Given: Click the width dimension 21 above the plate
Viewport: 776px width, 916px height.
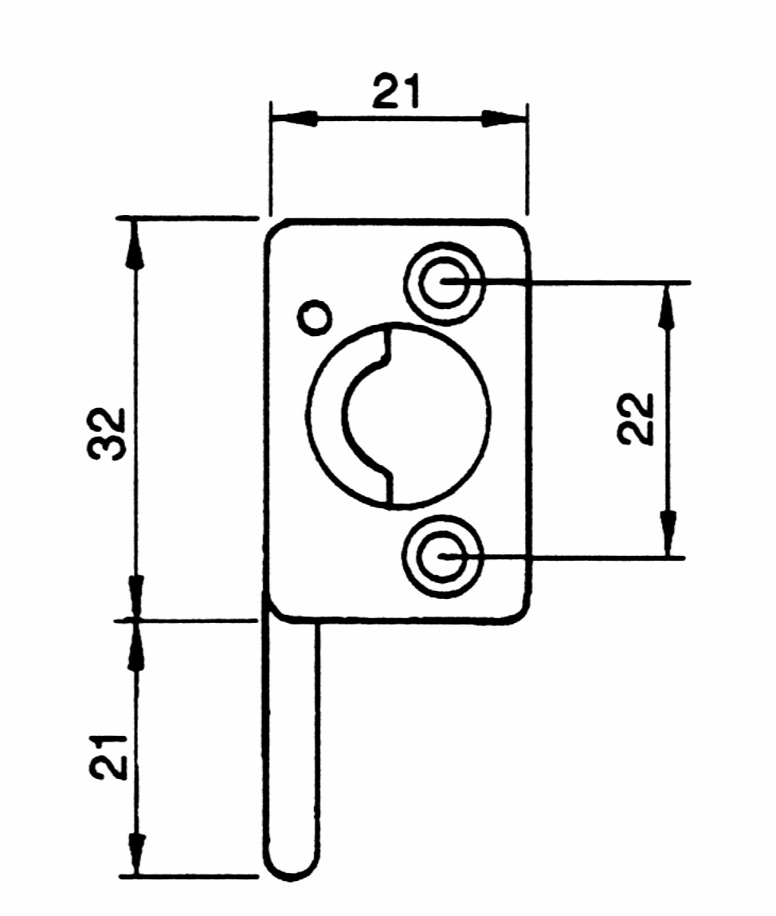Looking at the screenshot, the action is coord(396,92).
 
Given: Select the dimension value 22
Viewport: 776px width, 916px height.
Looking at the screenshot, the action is coord(636,419).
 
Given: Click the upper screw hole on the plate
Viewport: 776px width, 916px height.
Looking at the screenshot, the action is coord(444,284).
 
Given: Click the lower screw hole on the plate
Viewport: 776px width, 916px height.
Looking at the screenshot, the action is coord(444,556).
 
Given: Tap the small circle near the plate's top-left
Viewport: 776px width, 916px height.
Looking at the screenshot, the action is coord(315,318).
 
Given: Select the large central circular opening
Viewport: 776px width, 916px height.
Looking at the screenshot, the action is coord(398,415).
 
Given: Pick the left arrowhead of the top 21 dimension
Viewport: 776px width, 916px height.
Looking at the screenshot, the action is coord(294,119).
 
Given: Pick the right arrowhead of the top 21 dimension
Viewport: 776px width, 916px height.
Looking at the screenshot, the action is coord(504,119).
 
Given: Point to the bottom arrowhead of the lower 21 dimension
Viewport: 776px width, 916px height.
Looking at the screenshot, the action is coord(136,854).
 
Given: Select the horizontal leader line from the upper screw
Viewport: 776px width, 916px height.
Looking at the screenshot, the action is coord(566,283).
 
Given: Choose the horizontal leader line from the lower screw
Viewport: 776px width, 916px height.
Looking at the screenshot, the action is coord(564,558).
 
